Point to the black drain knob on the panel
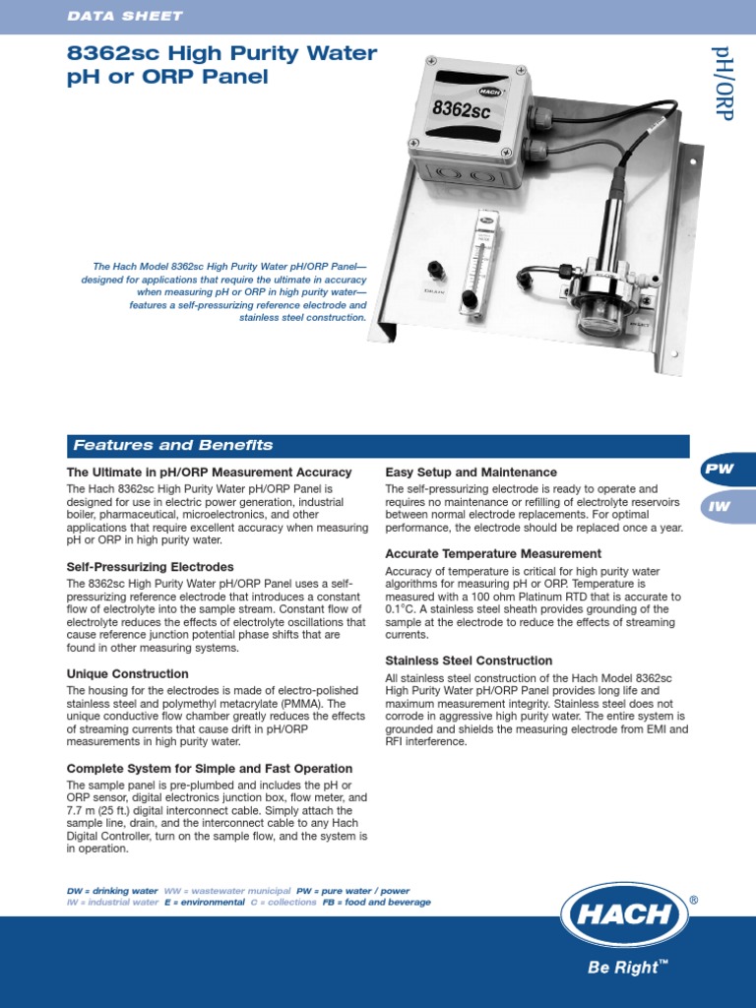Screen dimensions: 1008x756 pos(433,269)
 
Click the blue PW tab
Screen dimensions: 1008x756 pos(721,470)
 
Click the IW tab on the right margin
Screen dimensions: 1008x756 pos(721,506)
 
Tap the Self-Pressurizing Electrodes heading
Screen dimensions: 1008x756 pos(150,567)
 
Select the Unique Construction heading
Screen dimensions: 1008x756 pos(127,674)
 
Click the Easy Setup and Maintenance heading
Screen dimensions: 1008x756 pos(471,472)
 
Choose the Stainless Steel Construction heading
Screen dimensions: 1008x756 pos(469,661)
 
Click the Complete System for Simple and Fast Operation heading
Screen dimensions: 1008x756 pos(209,769)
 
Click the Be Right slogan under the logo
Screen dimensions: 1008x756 pos(624,969)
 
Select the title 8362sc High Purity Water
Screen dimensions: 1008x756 pos(221,53)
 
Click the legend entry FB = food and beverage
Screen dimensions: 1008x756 pos(376,902)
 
